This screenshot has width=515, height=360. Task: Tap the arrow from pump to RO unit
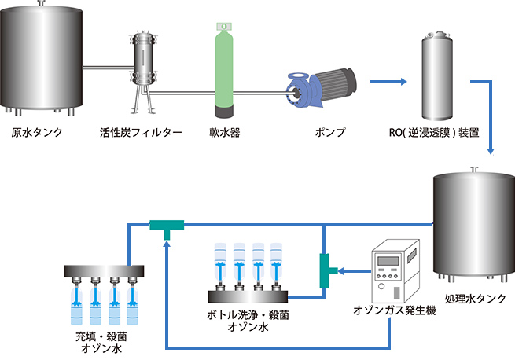[x=389, y=81]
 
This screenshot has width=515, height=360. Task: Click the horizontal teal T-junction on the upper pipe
[x=166, y=226]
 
